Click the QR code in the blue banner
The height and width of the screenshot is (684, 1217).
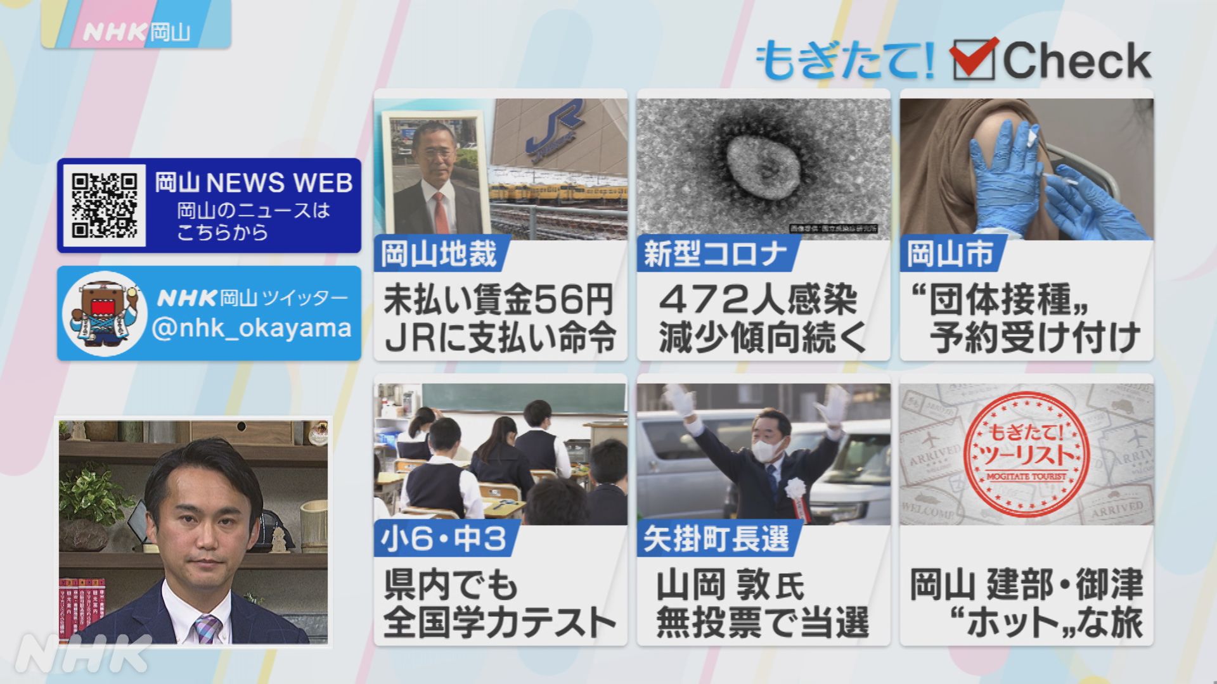point(105,205)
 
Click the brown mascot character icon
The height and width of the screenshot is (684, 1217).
point(105,313)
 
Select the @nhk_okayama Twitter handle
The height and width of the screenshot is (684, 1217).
point(252,328)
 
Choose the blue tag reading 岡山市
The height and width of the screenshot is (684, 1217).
point(949,255)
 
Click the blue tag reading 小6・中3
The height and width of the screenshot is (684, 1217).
point(444,540)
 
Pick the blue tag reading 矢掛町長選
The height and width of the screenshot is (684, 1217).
point(716,540)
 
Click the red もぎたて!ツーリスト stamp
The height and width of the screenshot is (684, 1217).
point(1026,452)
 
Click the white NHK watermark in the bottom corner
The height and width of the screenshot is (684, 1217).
point(82,652)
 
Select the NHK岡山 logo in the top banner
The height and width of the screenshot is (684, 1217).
point(136,32)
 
